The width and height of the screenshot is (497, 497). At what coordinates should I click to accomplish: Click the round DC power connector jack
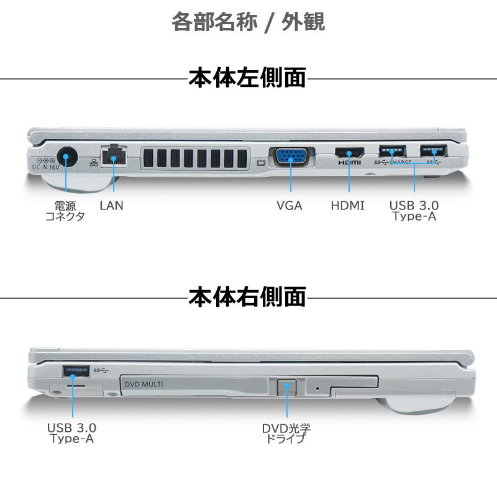point(66,156)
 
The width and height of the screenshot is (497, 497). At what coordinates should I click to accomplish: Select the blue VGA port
point(290,156)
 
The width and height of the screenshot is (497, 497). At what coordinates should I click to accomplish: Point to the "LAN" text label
point(112,205)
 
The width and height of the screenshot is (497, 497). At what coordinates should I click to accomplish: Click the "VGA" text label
point(290,205)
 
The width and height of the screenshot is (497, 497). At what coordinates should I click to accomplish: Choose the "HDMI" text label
point(348,205)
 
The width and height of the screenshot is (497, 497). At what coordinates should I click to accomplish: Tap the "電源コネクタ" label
point(65,211)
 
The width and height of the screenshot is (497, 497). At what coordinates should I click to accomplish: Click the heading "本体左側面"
point(247,79)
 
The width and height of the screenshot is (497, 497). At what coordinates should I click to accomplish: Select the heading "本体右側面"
point(247,298)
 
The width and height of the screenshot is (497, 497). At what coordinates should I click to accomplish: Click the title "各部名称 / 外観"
point(248,23)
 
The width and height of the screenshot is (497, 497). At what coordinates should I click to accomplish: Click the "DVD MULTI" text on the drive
point(144,385)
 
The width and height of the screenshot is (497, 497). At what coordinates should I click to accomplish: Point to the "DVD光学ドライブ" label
point(286,433)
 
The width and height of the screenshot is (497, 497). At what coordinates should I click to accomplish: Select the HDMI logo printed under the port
point(349,163)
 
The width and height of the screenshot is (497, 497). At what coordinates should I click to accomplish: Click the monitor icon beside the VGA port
point(261,164)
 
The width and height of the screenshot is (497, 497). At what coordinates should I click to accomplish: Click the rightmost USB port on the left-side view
point(434,151)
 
